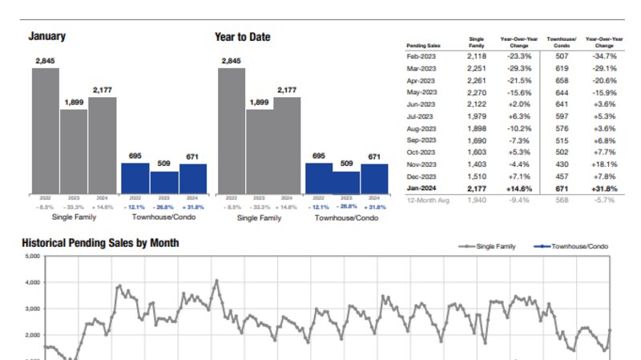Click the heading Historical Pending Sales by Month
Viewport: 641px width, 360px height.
[100, 242]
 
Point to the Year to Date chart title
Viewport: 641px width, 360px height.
[242, 37]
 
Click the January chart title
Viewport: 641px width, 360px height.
[47, 37]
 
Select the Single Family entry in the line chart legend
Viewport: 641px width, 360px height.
[492, 246]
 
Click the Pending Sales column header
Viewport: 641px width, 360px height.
[423, 45]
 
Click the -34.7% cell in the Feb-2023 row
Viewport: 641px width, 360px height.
[601, 57]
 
